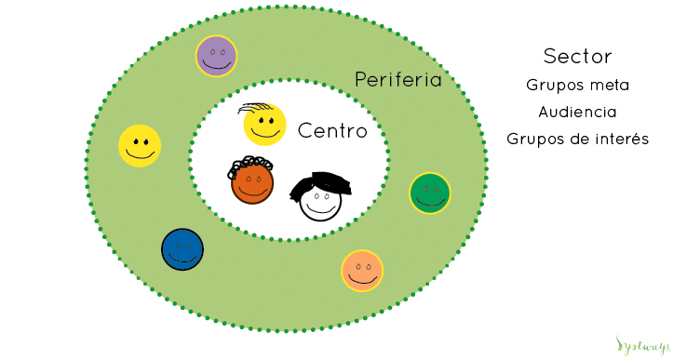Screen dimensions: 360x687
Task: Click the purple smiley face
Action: pyautogui.click(x=216, y=56)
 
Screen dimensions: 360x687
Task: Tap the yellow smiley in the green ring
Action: pyautogui.click(x=140, y=145)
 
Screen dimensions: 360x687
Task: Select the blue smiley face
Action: pyautogui.click(x=182, y=249)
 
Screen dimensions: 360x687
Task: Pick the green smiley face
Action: pyautogui.click(x=430, y=193)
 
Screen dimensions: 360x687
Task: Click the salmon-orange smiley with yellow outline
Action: pyautogui.click(x=362, y=271)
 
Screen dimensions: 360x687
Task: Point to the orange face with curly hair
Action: pyautogui.click(x=252, y=180)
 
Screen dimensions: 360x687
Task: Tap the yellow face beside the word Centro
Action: pyautogui.click(x=264, y=126)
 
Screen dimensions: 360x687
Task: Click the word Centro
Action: pyautogui.click(x=332, y=131)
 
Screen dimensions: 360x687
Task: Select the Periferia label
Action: pyautogui.click(x=397, y=80)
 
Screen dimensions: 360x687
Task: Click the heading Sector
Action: pyautogui.click(x=577, y=56)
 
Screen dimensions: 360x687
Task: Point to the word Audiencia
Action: pyautogui.click(x=577, y=112)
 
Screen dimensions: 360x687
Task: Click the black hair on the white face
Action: pyautogui.click(x=321, y=183)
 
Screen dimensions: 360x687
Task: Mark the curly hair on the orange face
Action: pyautogui.click(x=251, y=163)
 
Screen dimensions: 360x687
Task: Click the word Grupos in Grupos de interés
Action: pyautogui.click(x=532, y=140)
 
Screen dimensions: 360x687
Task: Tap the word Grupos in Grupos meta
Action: pyautogui.click(x=552, y=85)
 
